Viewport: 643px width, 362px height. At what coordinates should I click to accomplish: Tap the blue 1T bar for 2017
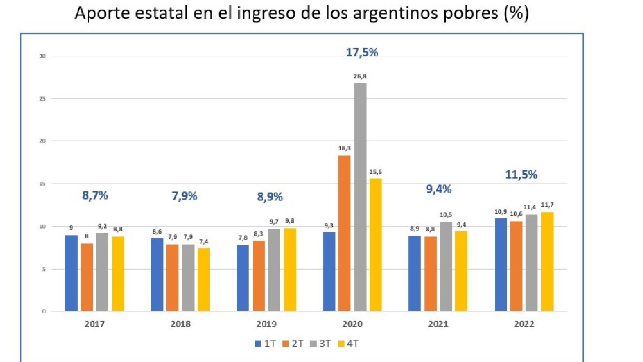[x=71, y=274]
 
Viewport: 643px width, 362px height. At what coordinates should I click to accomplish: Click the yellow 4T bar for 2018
[x=204, y=279]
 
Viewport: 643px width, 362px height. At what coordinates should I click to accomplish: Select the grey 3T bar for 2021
[x=446, y=267]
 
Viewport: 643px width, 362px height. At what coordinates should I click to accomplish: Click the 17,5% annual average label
[x=361, y=53]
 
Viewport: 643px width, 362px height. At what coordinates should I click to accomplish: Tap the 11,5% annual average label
[x=521, y=174]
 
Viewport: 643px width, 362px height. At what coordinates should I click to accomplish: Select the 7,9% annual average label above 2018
[x=184, y=196]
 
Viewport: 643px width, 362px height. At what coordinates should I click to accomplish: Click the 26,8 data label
[x=360, y=77]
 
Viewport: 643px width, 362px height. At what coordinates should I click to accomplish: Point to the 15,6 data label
[x=375, y=172]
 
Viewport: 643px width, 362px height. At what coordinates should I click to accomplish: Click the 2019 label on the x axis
[x=266, y=324]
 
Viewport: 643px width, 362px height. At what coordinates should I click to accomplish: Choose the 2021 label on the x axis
[x=438, y=324]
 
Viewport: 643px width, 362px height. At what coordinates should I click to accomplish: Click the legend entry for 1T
[x=265, y=344]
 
